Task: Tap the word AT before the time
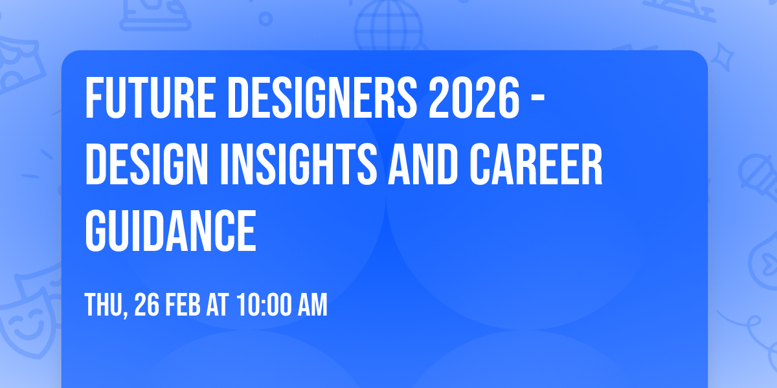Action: point(218,305)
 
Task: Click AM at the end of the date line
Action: point(313,305)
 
